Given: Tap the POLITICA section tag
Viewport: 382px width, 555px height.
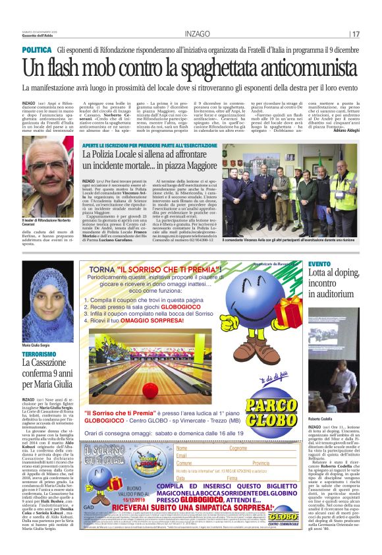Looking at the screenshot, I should [37, 50].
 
